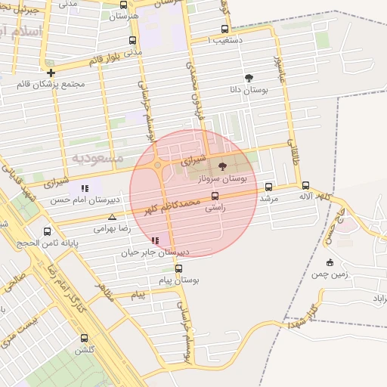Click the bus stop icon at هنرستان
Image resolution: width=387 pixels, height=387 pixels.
pyautogui.click(x=124, y=5)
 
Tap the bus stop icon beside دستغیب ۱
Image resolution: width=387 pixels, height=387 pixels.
pyautogui.click(x=224, y=29)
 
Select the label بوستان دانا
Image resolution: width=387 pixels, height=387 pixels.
pyautogui.click(x=249, y=88)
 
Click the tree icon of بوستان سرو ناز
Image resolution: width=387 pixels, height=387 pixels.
pyautogui.click(x=221, y=166)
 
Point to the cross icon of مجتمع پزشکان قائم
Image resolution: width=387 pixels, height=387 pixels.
pyautogui.click(x=51, y=73)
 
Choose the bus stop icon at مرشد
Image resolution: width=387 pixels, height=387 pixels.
pyautogui.click(x=268, y=187)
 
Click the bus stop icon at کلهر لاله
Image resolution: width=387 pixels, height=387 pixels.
pyautogui.click(x=305, y=185)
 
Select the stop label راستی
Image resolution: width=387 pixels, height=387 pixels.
pyautogui.click(x=215, y=207)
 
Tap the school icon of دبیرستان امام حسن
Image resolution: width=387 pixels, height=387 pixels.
pyautogui.click(x=85, y=188)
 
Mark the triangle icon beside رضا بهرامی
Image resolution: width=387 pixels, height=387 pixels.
pyautogui.click(x=112, y=217)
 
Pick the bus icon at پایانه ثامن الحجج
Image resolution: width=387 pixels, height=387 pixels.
pyautogui.click(x=48, y=231)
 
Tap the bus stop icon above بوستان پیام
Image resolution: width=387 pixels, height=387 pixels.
pyautogui.click(x=178, y=268)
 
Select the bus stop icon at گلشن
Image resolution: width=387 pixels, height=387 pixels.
pyautogui.click(x=82, y=338)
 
